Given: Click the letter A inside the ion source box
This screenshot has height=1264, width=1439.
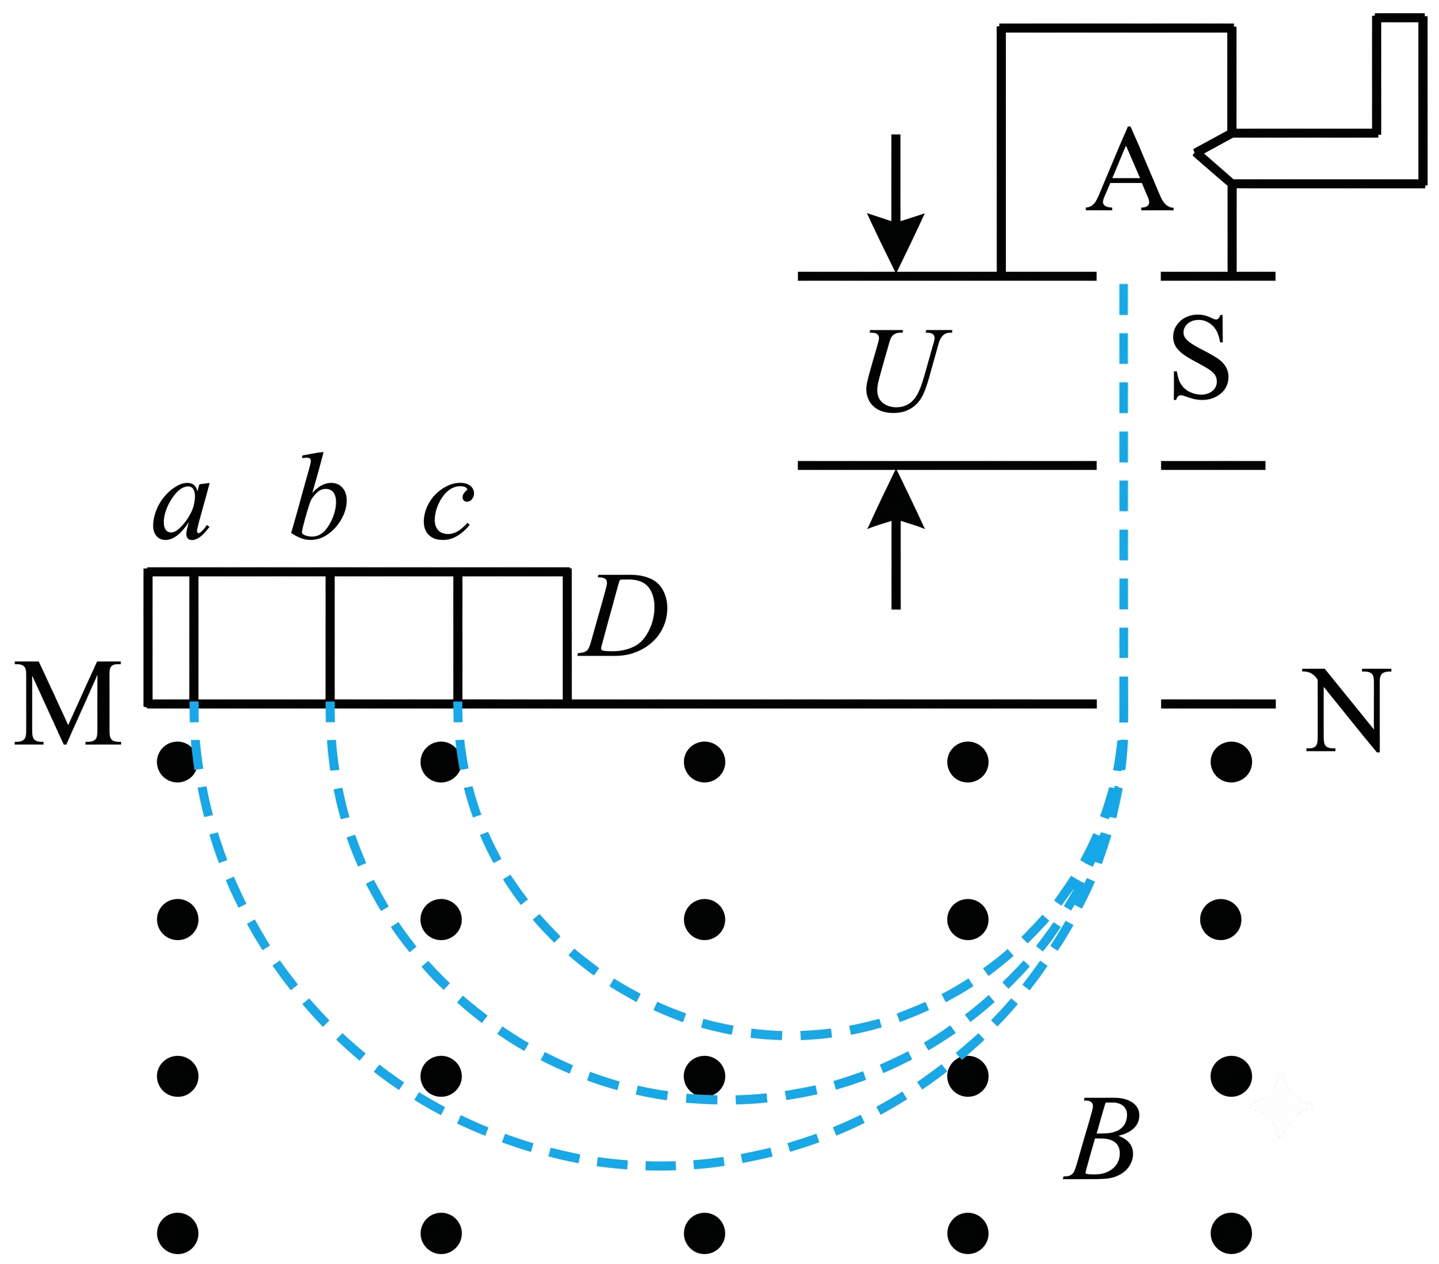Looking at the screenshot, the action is click(1129, 169).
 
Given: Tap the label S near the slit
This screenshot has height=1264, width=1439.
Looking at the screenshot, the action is click(1200, 357).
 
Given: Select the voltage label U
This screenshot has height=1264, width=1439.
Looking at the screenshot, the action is click(908, 371).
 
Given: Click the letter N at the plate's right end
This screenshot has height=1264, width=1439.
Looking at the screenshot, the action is click(1347, 710).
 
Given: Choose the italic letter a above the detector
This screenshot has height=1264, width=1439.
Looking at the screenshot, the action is click(182, 512).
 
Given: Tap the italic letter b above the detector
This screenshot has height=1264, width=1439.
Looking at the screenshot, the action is click(319, 496).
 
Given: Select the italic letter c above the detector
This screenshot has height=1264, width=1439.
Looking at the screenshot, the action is click(448, 512).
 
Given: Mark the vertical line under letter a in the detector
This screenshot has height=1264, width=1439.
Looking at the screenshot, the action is click(194, 638).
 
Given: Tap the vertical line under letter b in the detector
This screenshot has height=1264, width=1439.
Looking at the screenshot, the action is click(330, 638).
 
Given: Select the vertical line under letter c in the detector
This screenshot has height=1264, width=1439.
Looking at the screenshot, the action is click(458, 638).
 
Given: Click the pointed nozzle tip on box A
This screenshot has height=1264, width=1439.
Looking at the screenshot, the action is click(1195, 152).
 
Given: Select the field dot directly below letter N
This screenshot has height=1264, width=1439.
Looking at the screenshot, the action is click(1232, 762).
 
